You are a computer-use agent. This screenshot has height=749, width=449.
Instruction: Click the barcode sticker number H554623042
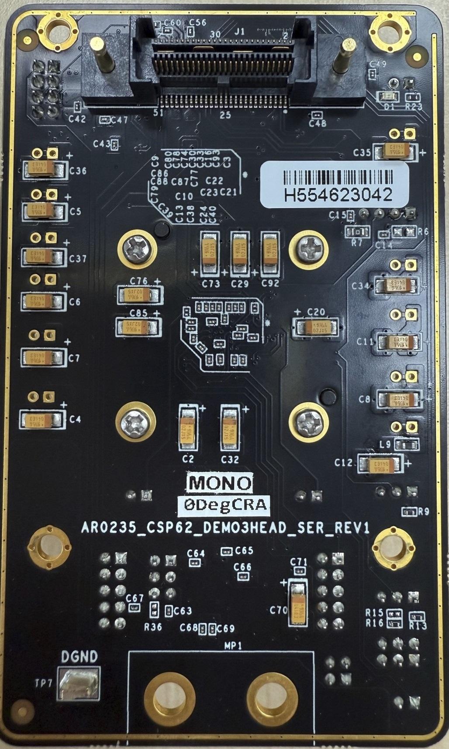pyautogui.click(x=338, y=195)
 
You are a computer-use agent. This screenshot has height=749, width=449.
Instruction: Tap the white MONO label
pyautogui.click(x=220, y=482)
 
